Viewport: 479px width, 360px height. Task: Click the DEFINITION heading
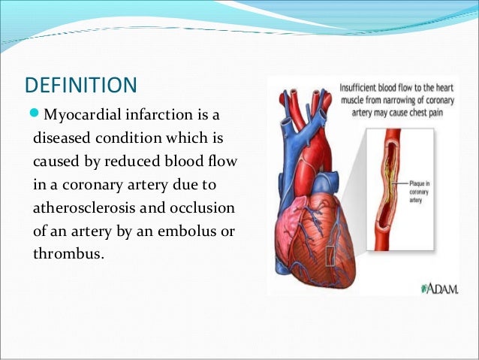[80, 84]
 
